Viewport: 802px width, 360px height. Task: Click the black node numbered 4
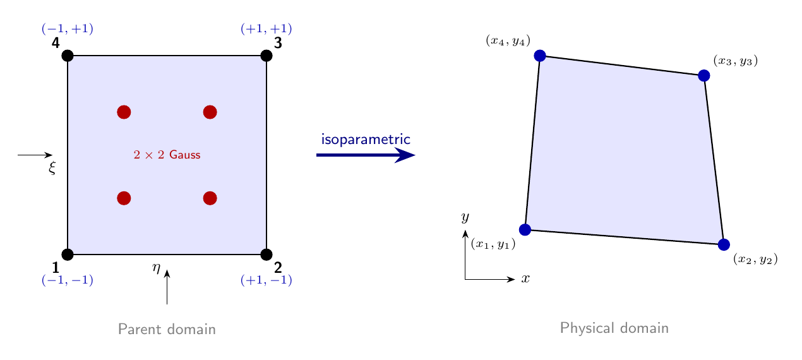coord(68,56)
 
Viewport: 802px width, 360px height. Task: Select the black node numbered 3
coord(266,56)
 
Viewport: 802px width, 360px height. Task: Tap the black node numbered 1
coord(68,255)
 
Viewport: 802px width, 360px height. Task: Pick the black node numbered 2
coord(266,255)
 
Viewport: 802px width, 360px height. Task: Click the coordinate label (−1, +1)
coord(68,28)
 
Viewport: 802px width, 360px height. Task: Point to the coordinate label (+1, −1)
coord(266,280)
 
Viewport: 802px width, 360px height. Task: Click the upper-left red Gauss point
coord(124,112)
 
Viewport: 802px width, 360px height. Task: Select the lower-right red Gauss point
coord(210,198)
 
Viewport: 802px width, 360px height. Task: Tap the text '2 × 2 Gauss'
coord(167,155)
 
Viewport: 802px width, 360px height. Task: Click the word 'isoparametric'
coord(366,140)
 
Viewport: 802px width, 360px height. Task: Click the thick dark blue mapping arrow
coord(366,155)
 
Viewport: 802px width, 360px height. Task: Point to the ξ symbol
coord(52,167)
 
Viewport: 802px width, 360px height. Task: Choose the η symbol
coord(156,268)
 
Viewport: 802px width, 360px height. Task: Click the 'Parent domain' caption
coord(167,329)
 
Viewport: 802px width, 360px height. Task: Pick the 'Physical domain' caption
coord(614,328)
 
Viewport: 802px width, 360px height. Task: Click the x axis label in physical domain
coord(525,279)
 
